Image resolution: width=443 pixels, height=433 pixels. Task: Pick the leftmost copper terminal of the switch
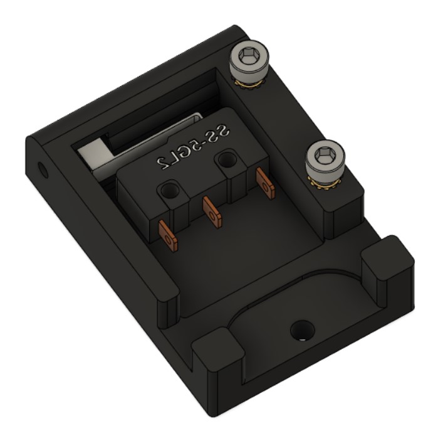[167, 233]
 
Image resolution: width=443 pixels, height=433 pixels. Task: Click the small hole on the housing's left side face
[43, 169]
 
